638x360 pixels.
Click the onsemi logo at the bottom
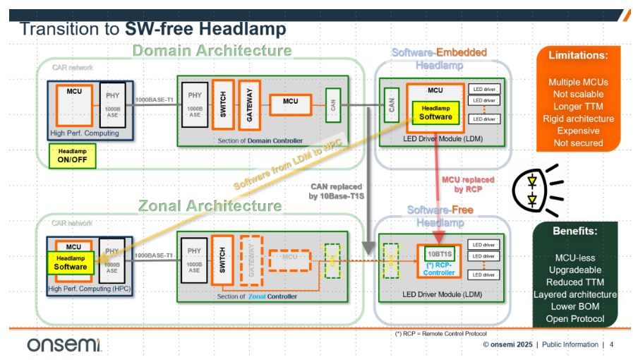click(64, 344)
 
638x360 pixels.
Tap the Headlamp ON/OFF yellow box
click(72, 156)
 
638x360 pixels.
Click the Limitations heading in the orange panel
click(578, 55)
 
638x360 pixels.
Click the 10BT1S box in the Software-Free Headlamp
click(438, 251)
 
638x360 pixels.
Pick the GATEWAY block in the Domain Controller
click(248, 103)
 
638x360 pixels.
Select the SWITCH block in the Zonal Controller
click(222, 259)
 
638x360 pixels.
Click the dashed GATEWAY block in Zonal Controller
click(249, 259)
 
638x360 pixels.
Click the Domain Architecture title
click(212, 50)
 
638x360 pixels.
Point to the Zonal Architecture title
click(210, 206)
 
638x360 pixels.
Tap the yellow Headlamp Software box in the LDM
click(435, 112)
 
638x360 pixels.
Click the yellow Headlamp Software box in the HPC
click(71, 263)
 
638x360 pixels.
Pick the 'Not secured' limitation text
click(578, 143)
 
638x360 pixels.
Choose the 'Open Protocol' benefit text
click(575, 319)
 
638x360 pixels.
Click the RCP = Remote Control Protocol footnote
click(441, 333)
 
